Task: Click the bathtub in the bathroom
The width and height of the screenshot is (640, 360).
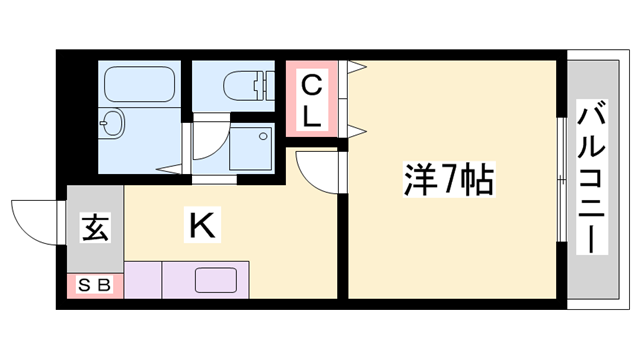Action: (x=140, y=82)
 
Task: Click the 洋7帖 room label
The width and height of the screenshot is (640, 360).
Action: (x=447, y=182)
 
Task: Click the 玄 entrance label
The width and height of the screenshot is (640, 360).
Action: (x=94, y=228)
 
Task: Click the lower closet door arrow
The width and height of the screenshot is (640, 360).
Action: (x=356, y=127)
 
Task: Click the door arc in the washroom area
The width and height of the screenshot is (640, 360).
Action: (x=208, y=146)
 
